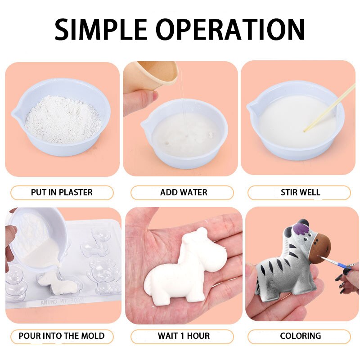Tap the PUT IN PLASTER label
pyautogui.click(x=62, y=193)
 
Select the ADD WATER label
pyautogui.click(x=184, y=193)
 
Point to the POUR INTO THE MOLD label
pyautogui.click(x=62, y=336)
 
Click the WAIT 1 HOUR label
pyautogui.click(x=184, y=336)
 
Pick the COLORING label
pyautogui.click(x=300, y=336)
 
